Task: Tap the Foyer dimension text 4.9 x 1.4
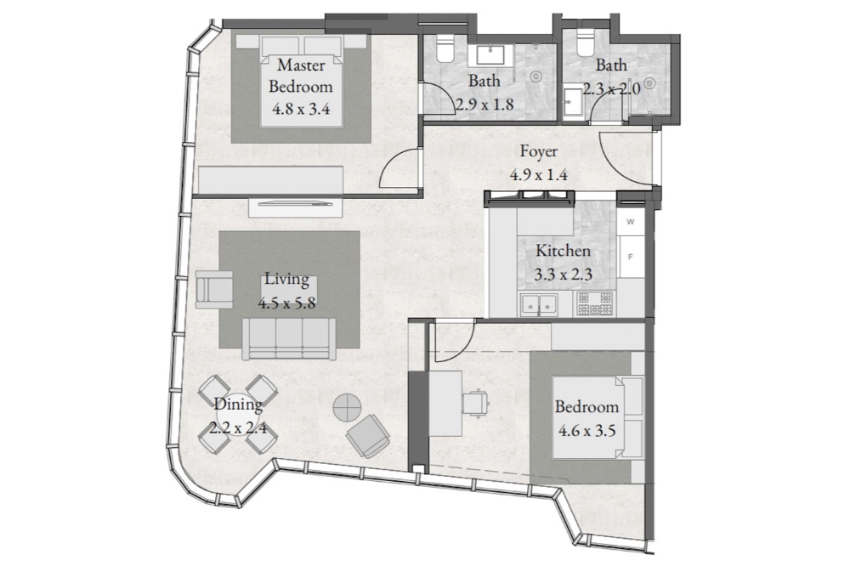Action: point(538,174)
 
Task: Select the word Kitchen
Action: point(563,251)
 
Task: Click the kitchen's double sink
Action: point(540,305)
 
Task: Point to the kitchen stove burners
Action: point(595,303)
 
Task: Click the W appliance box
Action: point(631,222)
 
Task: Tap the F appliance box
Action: point(631,257)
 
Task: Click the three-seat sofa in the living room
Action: point(288,339)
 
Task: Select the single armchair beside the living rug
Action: point(214,289)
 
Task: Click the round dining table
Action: point(238,414)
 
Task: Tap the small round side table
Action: point(347,406)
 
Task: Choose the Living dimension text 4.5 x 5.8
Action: point(286,303)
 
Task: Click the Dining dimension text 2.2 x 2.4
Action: point(238,428)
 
